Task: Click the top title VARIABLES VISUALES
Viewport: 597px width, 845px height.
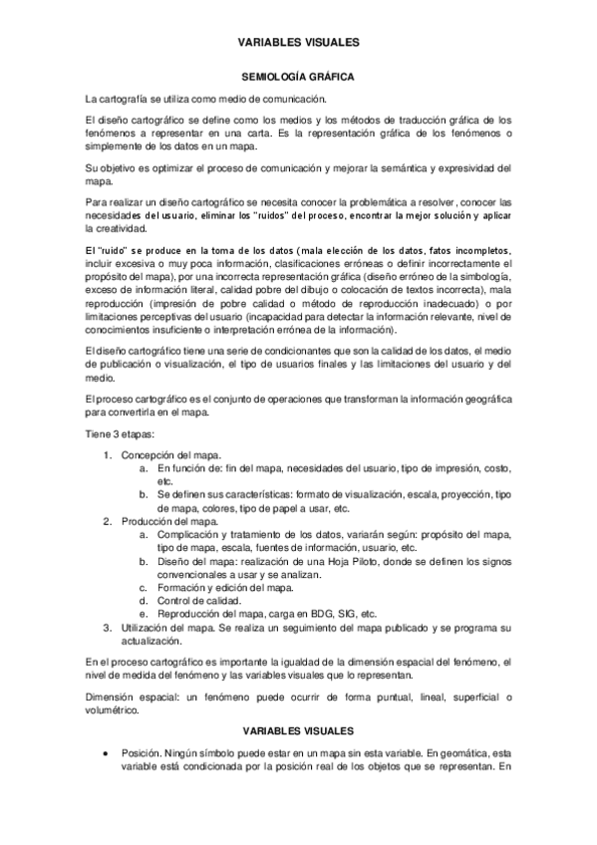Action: pyautogui.click(x=298, y=43)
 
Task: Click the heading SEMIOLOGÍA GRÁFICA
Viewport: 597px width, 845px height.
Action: pyautogui.click(x=298, y=76)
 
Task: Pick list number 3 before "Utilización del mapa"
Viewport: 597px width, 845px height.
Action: pyautogui.click(x=109, y=629)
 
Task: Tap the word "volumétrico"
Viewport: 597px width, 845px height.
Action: pyautogui.click(x=115, y=710)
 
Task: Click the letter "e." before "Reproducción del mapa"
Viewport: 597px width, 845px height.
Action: pyautogui.click(x=145, y=615)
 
